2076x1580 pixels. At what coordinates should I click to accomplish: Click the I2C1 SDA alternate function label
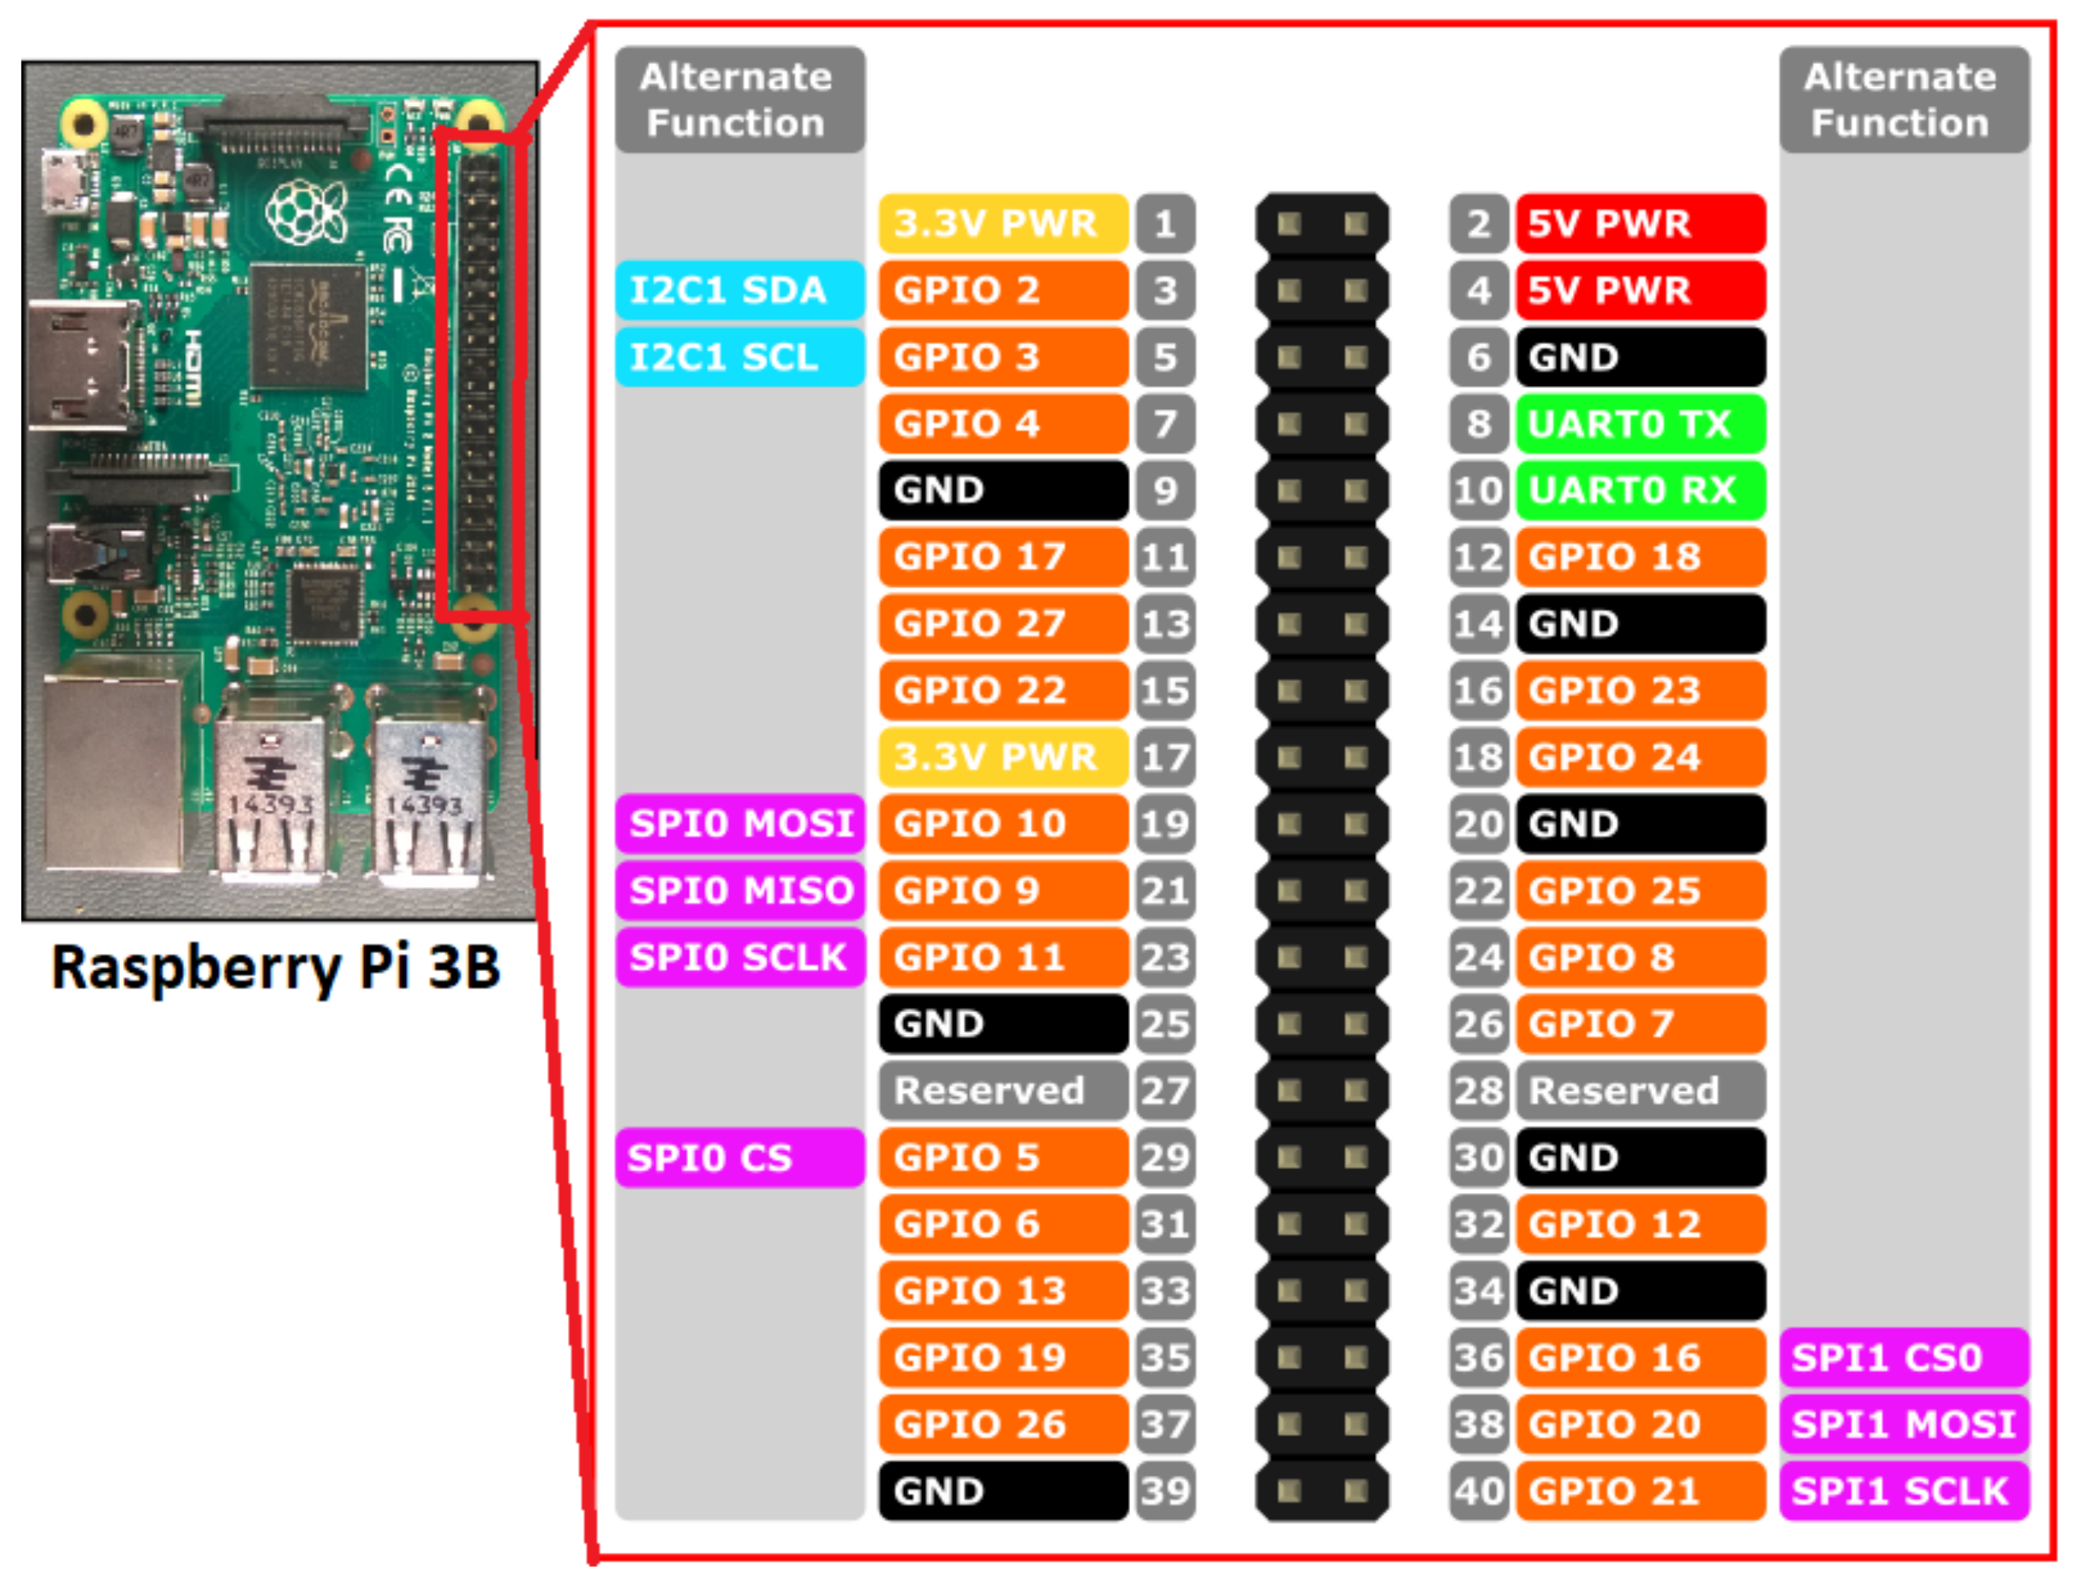tap(740, 291)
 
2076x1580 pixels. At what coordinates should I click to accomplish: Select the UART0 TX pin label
tap(1640, 424)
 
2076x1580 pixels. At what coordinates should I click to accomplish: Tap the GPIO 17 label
tap(1003, 557)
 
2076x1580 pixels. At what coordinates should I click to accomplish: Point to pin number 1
tap(1165, 223)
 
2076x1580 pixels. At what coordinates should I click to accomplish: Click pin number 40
tap(1479, 1490)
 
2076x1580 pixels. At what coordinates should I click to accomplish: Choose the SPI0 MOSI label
tap(740, 824)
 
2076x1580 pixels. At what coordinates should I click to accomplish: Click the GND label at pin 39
tap(1003, 1490)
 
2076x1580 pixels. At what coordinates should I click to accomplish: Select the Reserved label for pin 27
tap(1003, 1091)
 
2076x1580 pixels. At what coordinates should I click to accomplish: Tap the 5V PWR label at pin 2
tap(1640, 223)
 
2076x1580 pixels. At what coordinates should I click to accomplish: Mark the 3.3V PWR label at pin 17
tap(1003, 757)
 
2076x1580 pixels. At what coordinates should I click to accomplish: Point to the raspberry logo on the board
tap(306, 212)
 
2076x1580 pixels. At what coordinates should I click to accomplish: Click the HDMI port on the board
tap(80, 366)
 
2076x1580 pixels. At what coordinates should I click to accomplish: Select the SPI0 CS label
tap(740, 1158)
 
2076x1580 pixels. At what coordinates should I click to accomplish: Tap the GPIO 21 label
tap(1640, 1490)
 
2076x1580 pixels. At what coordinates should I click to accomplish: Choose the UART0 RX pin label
tap(1640, 490)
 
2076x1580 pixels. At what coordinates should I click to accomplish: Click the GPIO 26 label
tap(1003, 1424)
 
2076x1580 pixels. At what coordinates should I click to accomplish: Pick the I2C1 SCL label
tap(740, 357)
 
